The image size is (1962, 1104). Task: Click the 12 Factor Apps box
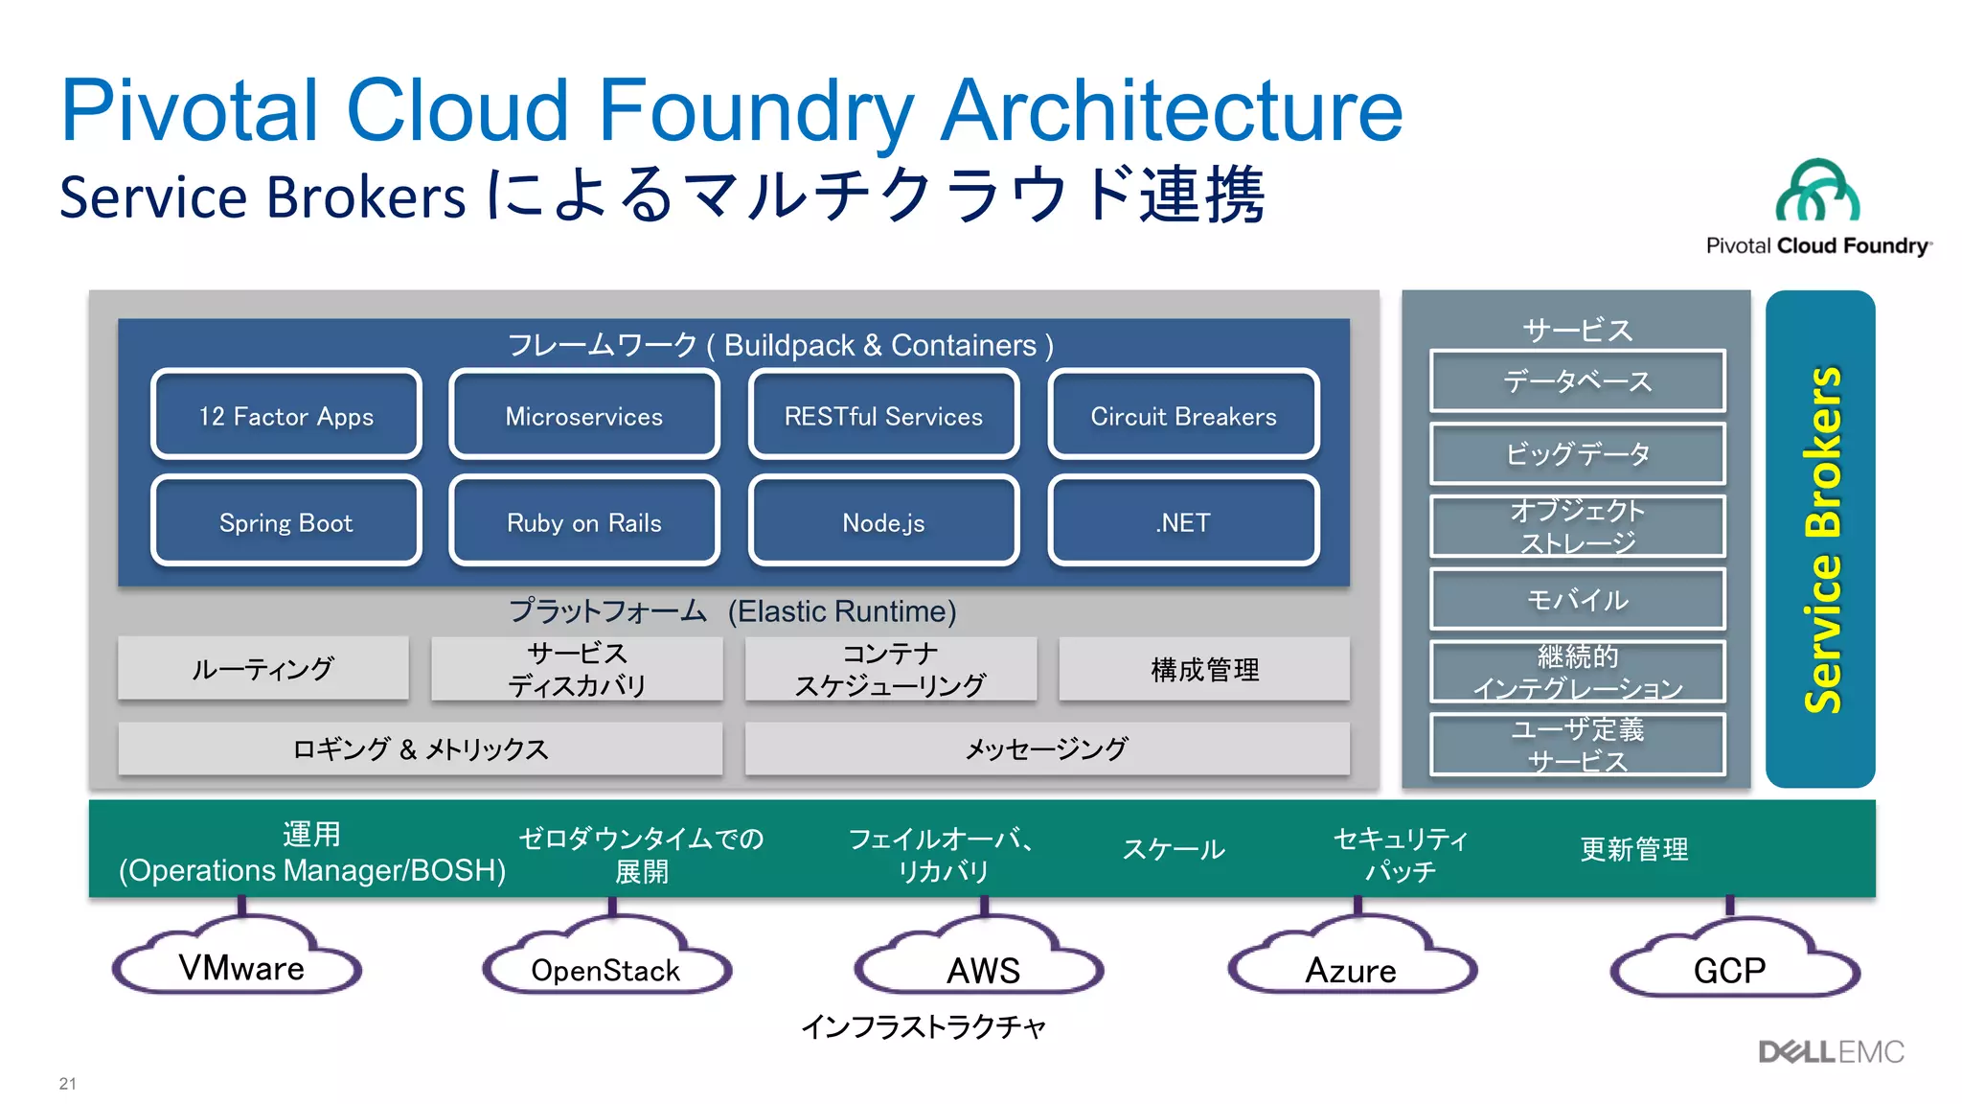[285, 416]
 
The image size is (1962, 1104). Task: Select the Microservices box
[584, 416]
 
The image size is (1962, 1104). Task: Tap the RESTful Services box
[883, 416]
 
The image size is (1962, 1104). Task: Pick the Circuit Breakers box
[1183, 416]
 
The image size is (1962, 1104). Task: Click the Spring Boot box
[285, 522]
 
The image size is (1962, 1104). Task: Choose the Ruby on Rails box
[584, 522]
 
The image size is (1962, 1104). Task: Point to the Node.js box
[883, 522]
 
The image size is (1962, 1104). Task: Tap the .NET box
[1183, 522]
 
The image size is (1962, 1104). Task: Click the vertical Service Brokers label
[1820, 540]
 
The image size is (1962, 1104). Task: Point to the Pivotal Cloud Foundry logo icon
[1817, 191]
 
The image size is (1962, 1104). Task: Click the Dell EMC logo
[1831, 1052]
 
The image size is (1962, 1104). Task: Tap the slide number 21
[67, 1083]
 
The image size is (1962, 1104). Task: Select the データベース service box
[1577, 381]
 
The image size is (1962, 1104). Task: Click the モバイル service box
[1577, 599]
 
